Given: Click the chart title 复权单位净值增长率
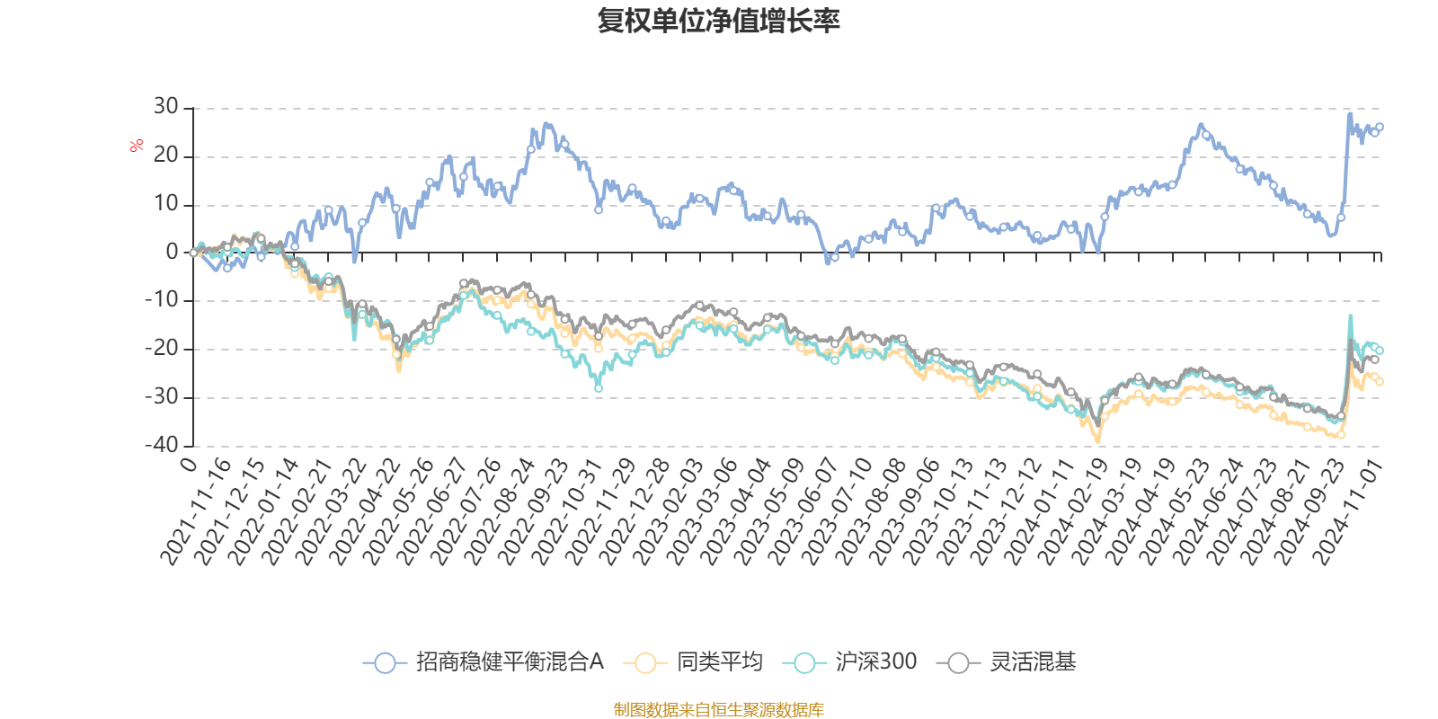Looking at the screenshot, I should [x=718, y=21].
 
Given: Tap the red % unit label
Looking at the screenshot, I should [x=137, y=145].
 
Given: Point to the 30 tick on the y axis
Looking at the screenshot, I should [x=166, y=107].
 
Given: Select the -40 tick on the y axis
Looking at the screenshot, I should [x=163, y=445].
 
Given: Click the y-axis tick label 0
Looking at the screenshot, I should [x=173, y=253].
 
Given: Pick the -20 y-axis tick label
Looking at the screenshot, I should [x=163, y=349].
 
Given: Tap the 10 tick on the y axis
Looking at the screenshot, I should [x=166, y=204].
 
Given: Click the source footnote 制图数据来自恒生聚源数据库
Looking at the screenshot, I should [x=718, y=710].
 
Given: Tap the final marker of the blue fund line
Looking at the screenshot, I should [x=1380, y=127].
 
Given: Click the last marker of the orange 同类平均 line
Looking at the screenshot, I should [x=1380, y=383].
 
